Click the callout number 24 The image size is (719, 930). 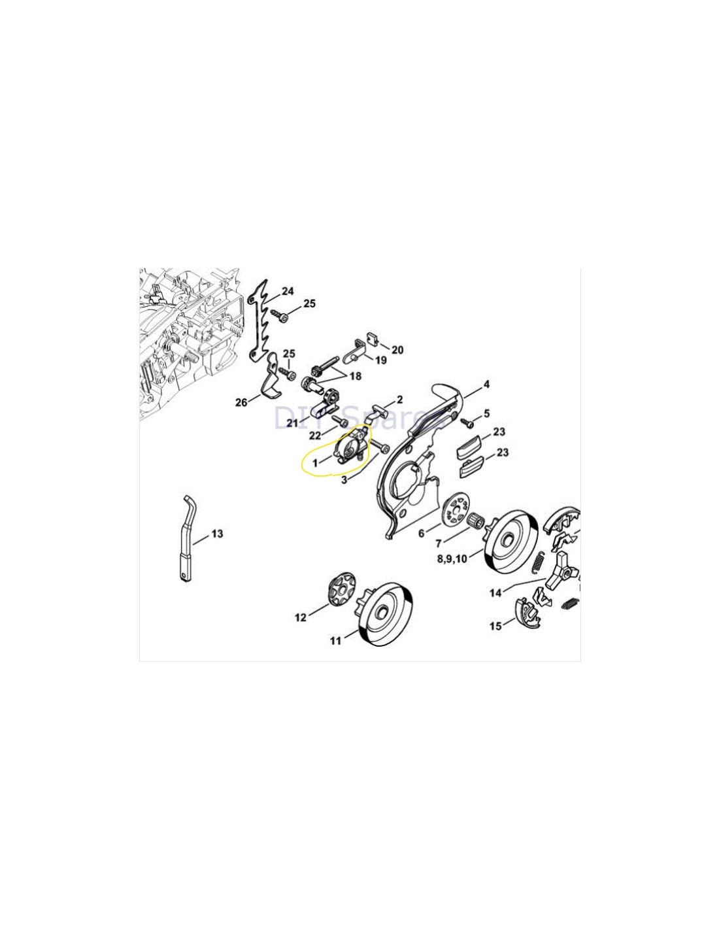(288, 292)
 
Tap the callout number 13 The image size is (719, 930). (217, 534)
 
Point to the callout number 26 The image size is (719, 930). (241, 402)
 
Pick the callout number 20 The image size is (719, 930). (397, 350)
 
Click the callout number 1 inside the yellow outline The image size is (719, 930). (315, 462)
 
